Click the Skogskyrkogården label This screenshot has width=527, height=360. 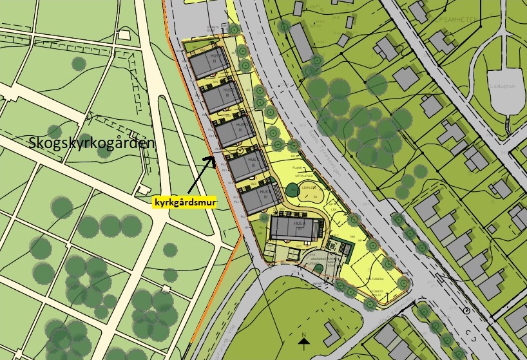pyautogui.click(x=92, y=144)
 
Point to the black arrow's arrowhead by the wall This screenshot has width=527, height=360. pyautogui.click(x=215, y=156)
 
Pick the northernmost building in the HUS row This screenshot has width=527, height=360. pyautogui.click(x=206, y=64)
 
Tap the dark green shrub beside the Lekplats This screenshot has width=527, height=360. pyautogui.click(x=292, y=191)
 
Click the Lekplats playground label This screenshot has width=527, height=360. pyautogui.click(x=308, y=187)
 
